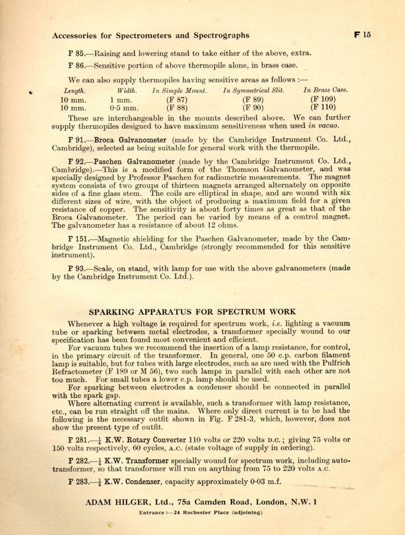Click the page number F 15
click(x=363, y=35)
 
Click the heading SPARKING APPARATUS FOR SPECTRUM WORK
click(x=193, y=311)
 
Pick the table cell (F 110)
click(x=325, y=108)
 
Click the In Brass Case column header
click(x=326, y=90)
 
